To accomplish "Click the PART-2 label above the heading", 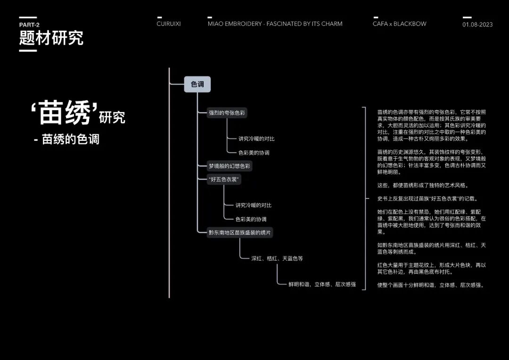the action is coord(29,25).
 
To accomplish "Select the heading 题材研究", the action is coord(51,38).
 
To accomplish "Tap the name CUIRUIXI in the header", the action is coord(169,24).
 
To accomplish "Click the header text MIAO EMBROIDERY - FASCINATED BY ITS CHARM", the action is coord(275,24).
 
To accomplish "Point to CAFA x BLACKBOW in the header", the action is coord(399,24).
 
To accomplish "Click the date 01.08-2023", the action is coord(477,25).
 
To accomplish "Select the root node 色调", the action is coord(197,84).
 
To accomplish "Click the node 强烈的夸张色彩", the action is coord(227,113).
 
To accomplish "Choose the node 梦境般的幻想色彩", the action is coord(230,166).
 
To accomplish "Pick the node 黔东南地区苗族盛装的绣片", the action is coord(240,232).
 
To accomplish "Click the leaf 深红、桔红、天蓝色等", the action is coord(277,258).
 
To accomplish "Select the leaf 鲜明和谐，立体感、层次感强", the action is coord(322,284).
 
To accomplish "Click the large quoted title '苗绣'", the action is coord(65,113).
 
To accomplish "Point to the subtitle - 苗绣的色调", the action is coord(66,140).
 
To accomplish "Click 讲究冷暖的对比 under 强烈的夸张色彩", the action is coord(256,139).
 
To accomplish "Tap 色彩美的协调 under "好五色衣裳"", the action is coord(251,219).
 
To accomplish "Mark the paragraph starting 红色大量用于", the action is coord(431,269).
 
